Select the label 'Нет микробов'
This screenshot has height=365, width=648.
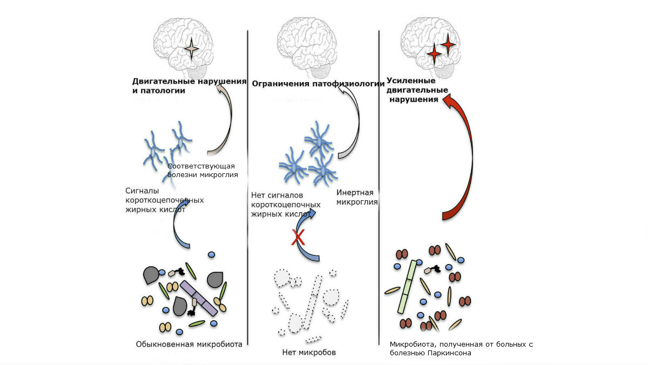coord(309,353)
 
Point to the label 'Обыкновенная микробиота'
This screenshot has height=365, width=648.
coord(188,343)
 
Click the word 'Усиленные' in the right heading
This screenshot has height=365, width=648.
coord(411,80)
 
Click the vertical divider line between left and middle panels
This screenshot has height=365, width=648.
coord(248,184)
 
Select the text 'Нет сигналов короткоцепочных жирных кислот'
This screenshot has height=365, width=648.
coord(281,204)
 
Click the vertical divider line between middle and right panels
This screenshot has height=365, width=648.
coord(379,184)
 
